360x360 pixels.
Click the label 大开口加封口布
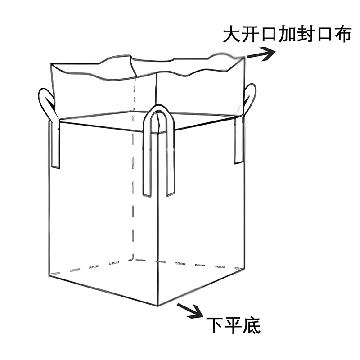pyautogui.click(x=287, y=35)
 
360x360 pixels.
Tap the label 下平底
pyautogui.click(x=233, y=325)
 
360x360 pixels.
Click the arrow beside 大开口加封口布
pyautogui.click(x=261, y=54)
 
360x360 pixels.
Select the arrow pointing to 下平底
pyautogui.click(x=190, y=310)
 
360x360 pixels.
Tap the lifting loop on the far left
pyautogui.click(x=46, y=103)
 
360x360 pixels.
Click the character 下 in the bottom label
pyautogui.click(x=215, y=325)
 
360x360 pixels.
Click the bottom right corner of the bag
pyautogui.click(x=243, y=269)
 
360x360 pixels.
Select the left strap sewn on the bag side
pyautogui.click(x=55, y=144)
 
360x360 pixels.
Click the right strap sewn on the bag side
pyautogui.click(x=239, y=139)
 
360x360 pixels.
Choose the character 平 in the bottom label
pyautogui.click(x=233, y=325)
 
